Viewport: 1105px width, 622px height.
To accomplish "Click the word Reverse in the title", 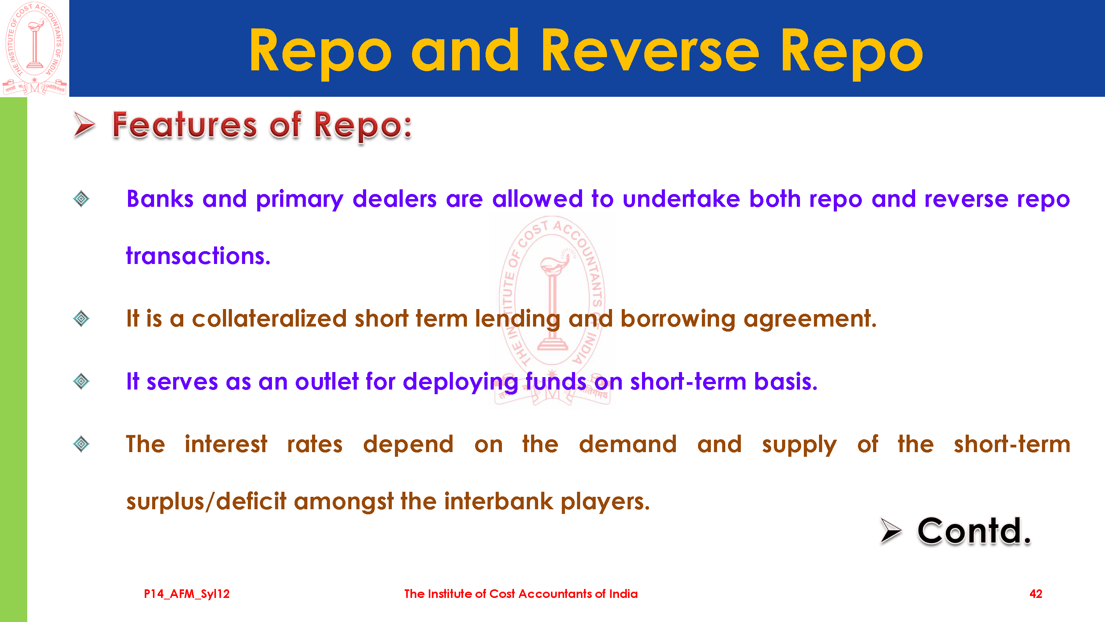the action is pos(650,50).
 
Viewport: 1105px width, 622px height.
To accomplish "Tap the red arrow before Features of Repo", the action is pos(84,125).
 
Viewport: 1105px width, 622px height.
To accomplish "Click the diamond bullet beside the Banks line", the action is pos(81,199).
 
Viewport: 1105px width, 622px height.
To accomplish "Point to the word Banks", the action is pos(160,199).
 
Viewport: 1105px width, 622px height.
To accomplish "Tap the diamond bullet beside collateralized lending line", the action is pos(81,318).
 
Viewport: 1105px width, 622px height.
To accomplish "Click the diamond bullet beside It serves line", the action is pos(81,381).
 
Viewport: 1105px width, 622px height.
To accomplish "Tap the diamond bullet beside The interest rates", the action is pos(81,444).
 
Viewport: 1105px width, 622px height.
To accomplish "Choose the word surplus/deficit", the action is pos(206,501).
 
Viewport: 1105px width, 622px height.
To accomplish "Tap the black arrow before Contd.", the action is pos(891,531).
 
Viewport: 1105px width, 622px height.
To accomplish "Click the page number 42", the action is pos(1036,594).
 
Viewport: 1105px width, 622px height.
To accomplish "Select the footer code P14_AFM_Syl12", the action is pos(187,594).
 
